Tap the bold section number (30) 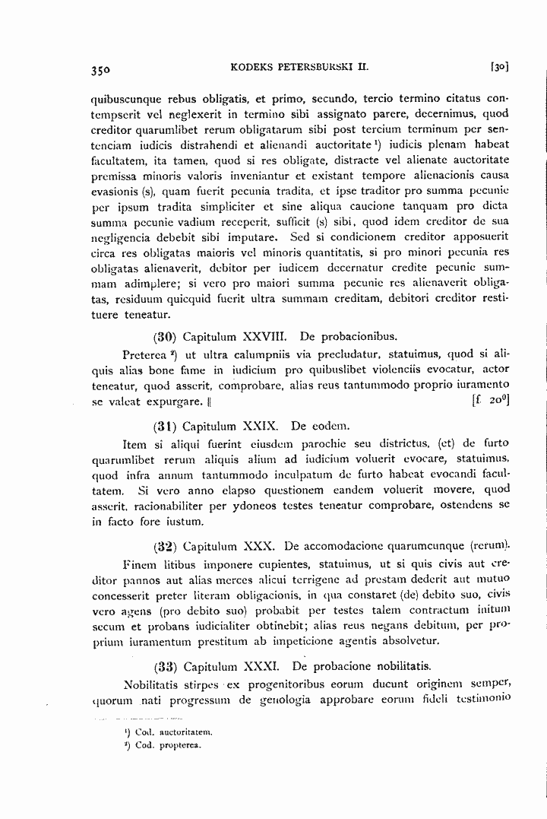click(x=166, y=335)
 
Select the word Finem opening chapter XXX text click(x=139, y=565)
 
